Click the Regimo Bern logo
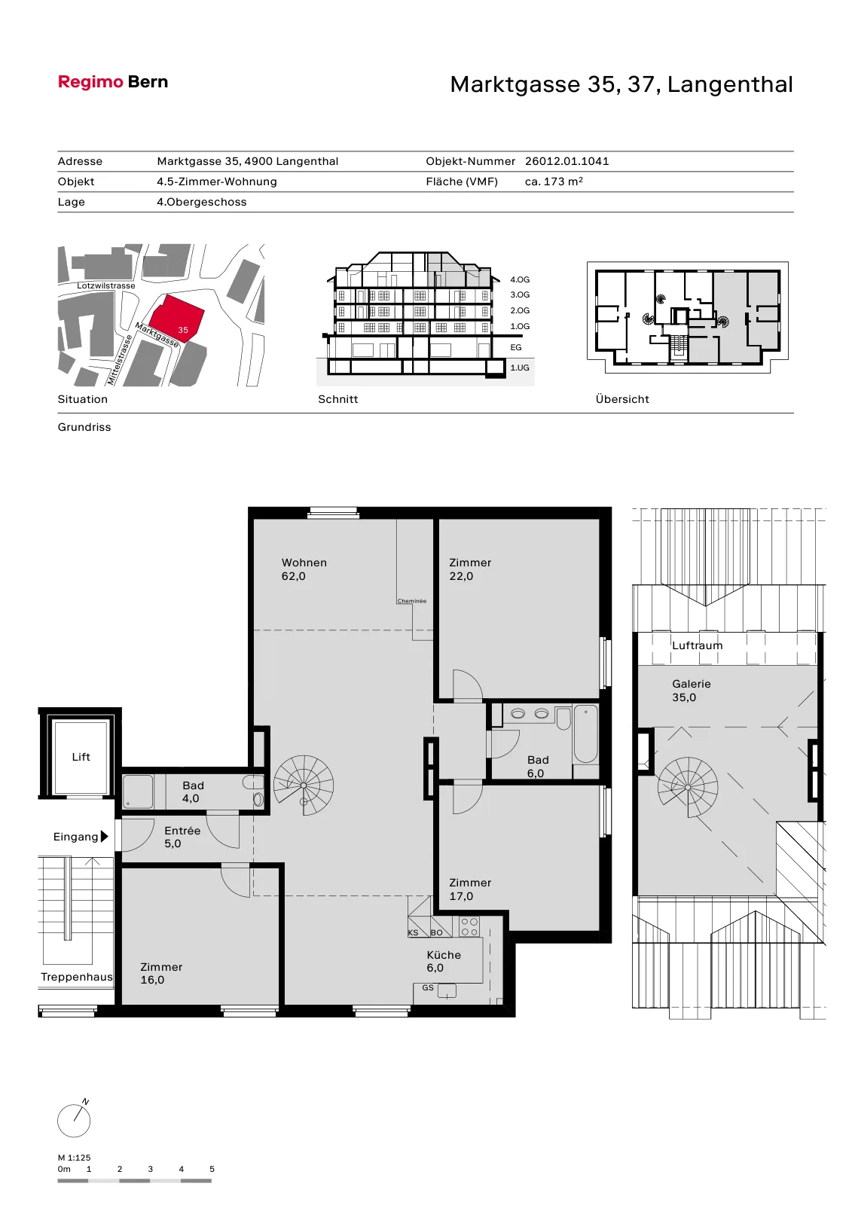[x=113, y=82]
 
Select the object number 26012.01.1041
[x=566, y=161]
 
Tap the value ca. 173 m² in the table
[x=554, y=182]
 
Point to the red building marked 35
[x=176, y=318]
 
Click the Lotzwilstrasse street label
[x=106, y=285]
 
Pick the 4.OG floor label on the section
[x=520, y=279]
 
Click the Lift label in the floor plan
[x=81, y=757]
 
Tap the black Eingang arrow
[x=105, y=837]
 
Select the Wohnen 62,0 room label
[x=304, y=569]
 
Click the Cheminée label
[x=412, y=601]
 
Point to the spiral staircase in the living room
[x=303, y=786]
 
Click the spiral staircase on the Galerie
[x=687, y=788]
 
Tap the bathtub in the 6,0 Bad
[x=585, y=734]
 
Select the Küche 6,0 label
[x=444, y=961]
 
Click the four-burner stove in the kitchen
[x=469, y=927]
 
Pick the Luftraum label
[x=697, y=645]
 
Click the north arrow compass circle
[x=74, y=1121]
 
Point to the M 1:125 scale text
[x=75, y=1158]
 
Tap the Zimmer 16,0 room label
[x=161, y=973]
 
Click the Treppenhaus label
[x=77, y=977]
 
